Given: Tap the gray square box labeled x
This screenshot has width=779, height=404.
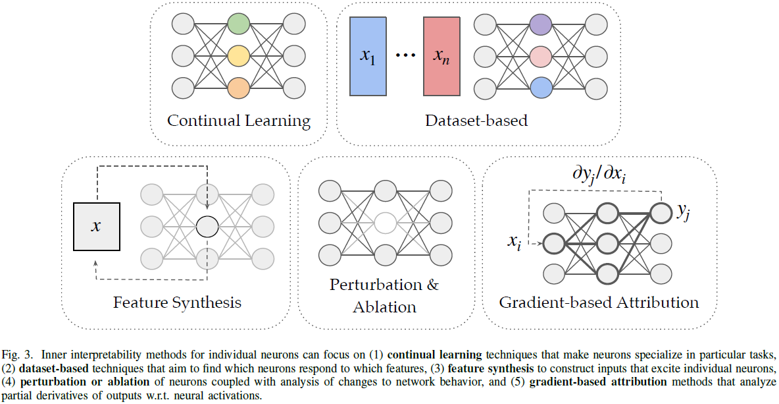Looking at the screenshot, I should pos(97,227).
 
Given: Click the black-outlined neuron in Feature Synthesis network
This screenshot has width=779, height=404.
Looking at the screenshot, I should pos(207,226).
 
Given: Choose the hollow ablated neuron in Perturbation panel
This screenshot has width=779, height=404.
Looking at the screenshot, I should pos(386,223).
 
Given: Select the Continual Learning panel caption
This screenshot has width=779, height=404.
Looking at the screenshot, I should pos(239,121).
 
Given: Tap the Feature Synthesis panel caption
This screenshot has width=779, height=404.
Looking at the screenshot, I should pos(177,303).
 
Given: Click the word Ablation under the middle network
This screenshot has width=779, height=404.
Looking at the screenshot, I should pos(385,306).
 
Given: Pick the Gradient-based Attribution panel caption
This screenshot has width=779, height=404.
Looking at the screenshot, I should pos(599,303).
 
